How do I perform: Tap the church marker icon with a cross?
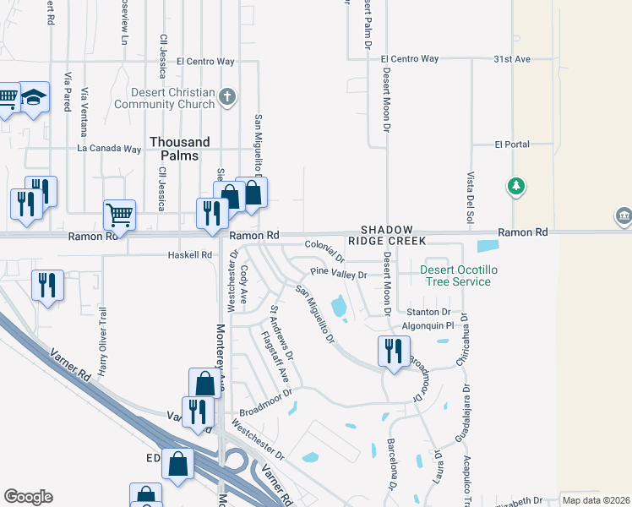tap(226, 97)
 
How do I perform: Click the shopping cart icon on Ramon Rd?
tap(119, 215)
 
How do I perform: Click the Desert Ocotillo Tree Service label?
tap(455, 275)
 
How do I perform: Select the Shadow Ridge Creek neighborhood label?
tap(388, 236)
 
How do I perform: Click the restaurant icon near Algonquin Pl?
tap(394, 350)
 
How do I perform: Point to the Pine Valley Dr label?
tap(339, 275)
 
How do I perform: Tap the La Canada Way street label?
tap(108, 149)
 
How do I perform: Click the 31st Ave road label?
tap(511, 59)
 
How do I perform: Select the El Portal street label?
tap(512, 144)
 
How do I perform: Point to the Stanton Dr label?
tap(430, 312)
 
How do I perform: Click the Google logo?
tap(28, 497)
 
